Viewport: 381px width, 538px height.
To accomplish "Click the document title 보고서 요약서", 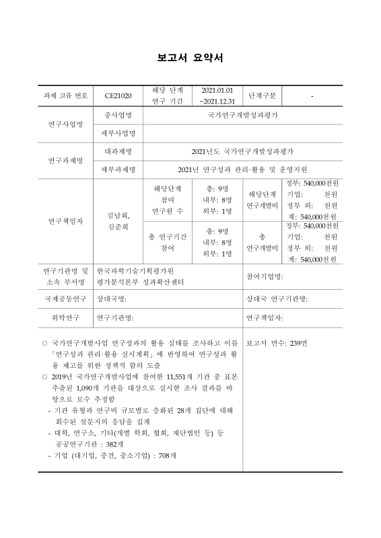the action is click(x=190, y=58).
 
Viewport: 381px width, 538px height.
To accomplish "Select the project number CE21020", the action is click(x=118, y=96).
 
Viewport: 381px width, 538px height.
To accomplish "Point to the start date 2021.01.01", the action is click(x=216, y=90).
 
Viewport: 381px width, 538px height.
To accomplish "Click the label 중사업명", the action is click(x=118, y=116).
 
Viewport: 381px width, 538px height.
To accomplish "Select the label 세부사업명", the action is click(x=118, y=133).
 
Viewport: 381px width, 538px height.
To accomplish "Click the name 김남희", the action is click(x=118, y=216).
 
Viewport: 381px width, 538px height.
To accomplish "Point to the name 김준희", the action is click(x=118, y=227).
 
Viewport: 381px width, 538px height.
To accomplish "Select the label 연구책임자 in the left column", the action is click(x=65, y=221).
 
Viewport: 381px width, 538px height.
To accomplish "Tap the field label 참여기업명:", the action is click(x=265, y=276).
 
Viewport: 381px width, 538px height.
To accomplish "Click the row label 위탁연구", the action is click(x=65, y=317).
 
